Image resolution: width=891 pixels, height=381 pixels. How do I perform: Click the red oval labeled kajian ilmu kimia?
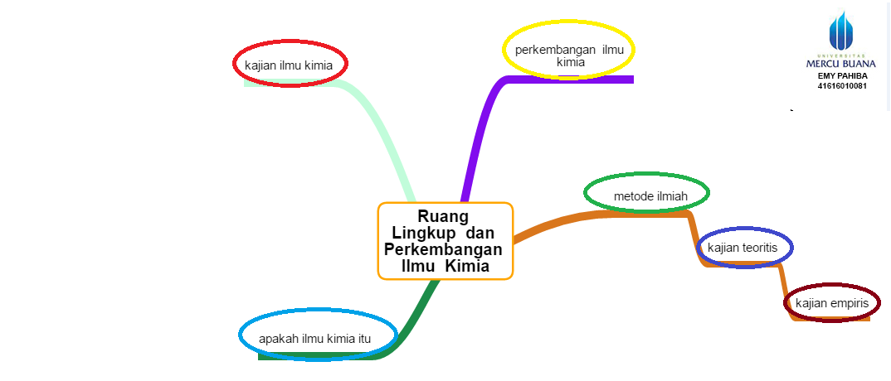click(290, 64)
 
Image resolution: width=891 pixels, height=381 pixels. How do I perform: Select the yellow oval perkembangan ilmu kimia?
click(569, 51)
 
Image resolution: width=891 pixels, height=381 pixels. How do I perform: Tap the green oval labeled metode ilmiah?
click(647, 195)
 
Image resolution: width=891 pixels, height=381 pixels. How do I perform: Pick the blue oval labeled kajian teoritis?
click(746, 247)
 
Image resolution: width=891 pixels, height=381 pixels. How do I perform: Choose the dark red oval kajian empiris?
click(831, 303)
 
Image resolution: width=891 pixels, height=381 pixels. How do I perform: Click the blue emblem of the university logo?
click(840, 31)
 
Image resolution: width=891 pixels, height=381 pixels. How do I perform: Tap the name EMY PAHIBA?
click(841, 75)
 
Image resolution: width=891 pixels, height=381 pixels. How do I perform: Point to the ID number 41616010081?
click(841, 85)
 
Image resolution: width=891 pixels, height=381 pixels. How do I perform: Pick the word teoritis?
click(762, 247)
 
